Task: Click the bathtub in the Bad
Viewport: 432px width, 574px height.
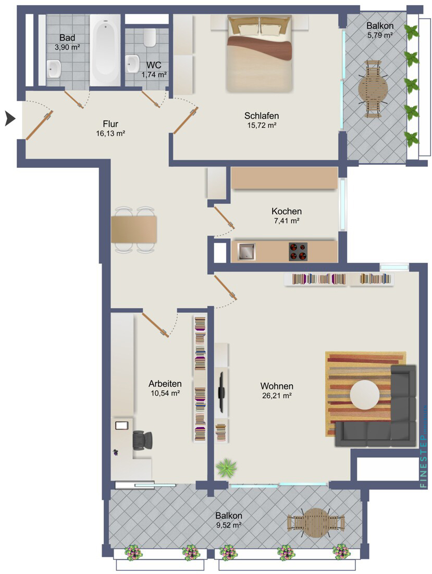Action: (x=106, y=50)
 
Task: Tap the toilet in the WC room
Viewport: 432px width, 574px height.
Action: (x=150, y=36)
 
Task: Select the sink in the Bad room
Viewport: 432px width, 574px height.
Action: (x=54, y=67)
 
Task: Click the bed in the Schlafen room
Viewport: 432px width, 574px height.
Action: (x=258, y=54)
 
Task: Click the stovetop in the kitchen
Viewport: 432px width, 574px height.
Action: (x=298, y=251)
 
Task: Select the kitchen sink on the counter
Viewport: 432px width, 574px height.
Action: (x=246, y=252)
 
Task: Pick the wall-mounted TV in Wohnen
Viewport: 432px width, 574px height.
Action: (x=221, y=390)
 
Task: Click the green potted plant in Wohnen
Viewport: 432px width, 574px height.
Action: (x=226, y=468)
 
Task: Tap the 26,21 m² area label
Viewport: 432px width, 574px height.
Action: (x=277, y=396)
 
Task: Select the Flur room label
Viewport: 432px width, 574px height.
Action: (x=110, y=124)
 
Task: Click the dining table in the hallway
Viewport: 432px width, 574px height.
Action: (x=134, y=229)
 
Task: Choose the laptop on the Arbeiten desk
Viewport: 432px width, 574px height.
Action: (x=121, y=425)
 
